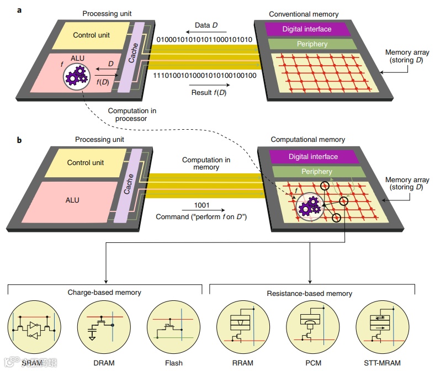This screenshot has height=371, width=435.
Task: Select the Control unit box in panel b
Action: [85, 163]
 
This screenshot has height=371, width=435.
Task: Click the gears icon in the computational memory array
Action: [308, 208]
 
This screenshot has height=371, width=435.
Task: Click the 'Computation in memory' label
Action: [206, 164]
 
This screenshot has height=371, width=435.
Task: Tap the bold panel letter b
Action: [19, 140]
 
